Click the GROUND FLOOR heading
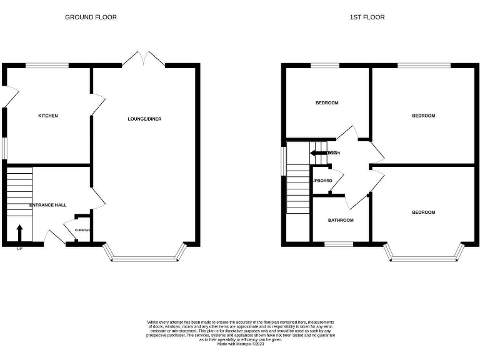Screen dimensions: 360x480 (91, 17)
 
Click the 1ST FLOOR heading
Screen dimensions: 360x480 (367, 17)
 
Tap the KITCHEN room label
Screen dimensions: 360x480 (48, 116)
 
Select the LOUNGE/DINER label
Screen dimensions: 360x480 (144, 119)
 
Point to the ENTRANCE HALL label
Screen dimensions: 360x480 (48, 205)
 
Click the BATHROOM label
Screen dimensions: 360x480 (341, 220)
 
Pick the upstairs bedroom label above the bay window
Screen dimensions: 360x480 (423, 212)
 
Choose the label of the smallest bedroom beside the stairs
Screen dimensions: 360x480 (326, 102)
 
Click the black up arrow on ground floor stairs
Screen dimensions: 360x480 (19, 232)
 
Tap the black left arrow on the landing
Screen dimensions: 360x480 (319, 152)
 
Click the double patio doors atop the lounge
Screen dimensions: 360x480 (144, 59)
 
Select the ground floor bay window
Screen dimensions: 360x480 (145, 253)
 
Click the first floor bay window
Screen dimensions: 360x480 (424, 253)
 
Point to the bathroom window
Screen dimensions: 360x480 (337, 244)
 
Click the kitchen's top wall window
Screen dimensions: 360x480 (47, 65)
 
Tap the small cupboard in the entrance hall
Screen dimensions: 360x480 (83, 229)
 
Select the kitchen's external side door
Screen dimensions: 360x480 (7, 97)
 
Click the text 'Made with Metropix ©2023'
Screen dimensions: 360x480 (241, 344)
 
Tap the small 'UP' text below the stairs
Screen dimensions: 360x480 (19, 249)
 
